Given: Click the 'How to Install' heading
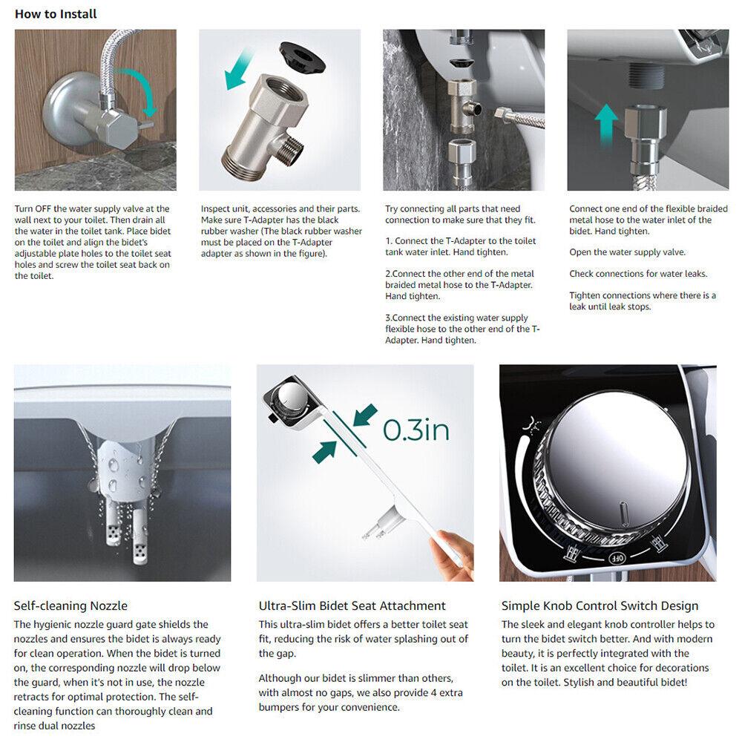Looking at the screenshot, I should [x=56, y=14].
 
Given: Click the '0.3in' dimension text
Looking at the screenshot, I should [x=416, y=430].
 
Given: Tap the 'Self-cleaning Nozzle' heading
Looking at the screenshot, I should [x=71, y=606].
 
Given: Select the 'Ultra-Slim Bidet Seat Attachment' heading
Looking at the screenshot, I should [x=352, y=606].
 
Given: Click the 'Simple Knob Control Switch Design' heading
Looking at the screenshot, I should [x=600, y=606].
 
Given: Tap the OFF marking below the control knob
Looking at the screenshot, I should [x=617, y=556].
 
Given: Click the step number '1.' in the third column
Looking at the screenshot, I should [x=389, y=241].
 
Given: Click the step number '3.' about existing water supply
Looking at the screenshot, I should [x=389, y=318].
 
